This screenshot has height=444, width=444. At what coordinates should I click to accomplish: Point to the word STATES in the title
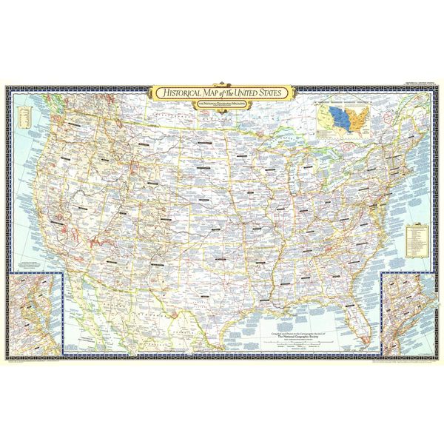coord(279,93)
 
